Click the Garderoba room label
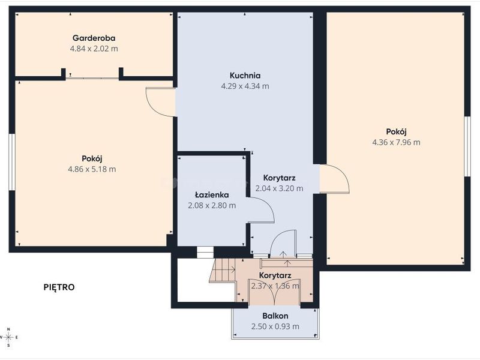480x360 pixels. [x=94, y=38]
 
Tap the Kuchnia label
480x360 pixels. [x=245, y=76]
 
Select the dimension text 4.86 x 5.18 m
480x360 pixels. [x=92, y=169]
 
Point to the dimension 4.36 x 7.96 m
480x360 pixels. [x=396, y=142]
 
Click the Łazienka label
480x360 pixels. [x=212, y=194]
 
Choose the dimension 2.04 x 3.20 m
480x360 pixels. [x=279, y=188]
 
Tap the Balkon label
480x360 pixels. [x=275, y=316]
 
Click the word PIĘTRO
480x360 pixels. [x=59, y=287]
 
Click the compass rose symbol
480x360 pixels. [x=8, y=337]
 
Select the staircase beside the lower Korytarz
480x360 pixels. [x=222, y=270]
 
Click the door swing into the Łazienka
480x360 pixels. [x=261, y=209]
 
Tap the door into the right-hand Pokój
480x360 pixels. [x=334, y=179]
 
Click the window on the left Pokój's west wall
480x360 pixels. [x=11, y=162]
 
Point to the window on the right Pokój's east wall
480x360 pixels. [x=467, y=146]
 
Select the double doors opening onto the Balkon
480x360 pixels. [x=275, y=292]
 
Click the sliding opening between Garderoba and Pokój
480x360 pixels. [x=92, y=78]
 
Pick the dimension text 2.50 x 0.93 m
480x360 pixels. [x=275, y=326]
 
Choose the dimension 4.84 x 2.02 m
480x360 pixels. [x=94, y=49]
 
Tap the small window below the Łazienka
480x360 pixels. [x=205, y=252]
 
